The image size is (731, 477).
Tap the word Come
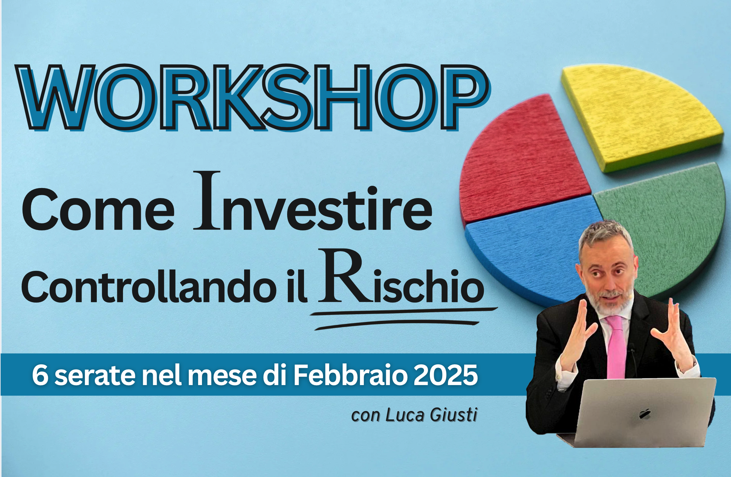point(98,209)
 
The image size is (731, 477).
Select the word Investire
point(313,201)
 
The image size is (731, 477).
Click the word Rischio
point(401,277)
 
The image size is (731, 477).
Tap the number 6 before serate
point(40,375)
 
